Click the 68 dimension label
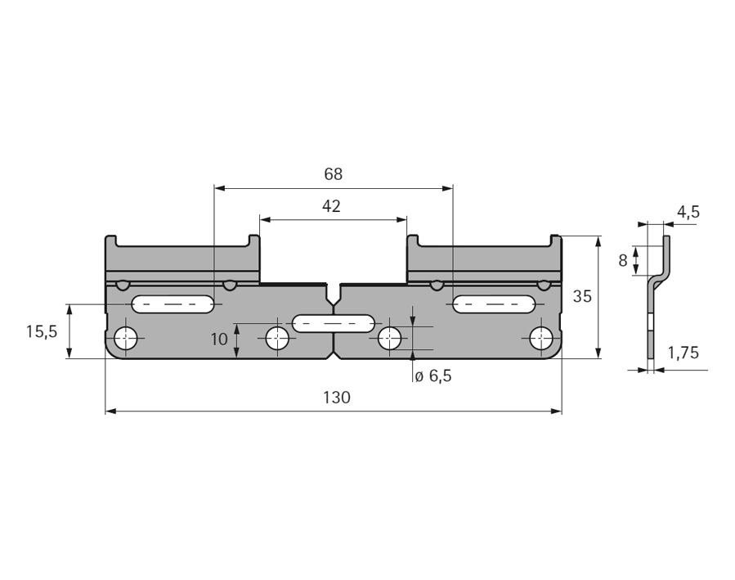(x=334, y=174)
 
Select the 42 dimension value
(x=331, y=206)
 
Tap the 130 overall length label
(x=337, y=398)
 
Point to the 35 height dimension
(x=582, y=296)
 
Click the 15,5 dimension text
(x=41, y=332)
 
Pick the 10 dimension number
(x=219, y=339)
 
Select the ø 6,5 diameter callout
(x=433, y=375)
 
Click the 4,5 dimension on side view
(x=688, y=213)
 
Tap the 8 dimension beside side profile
(x=622, y=261)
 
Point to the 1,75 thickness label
(x=683, y=353)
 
